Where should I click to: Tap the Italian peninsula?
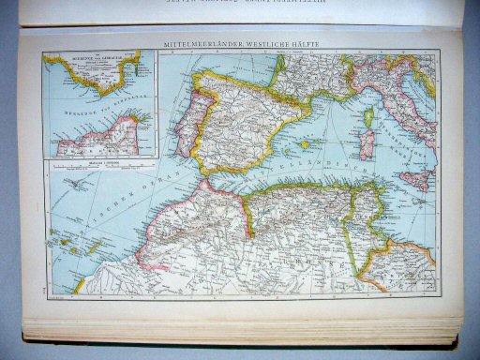[x=403, y=112]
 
